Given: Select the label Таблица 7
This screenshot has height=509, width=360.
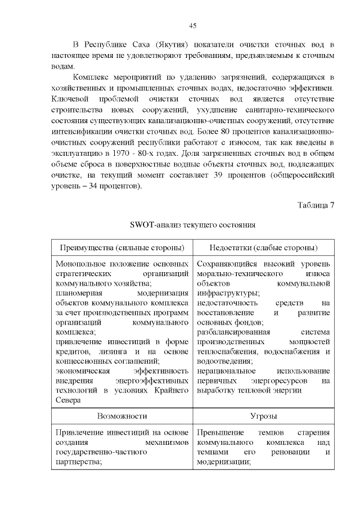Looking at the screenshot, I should pyautogui.click(x=316, y=205).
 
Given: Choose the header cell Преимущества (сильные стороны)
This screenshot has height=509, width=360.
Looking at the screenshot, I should pyautogui.click(x=122, y=248).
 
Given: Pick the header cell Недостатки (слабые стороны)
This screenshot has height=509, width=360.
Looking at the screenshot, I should pyautogui.click(x=263, y=248).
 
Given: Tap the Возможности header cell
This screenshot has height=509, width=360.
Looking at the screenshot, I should pyautogui.click(x=122, y=416).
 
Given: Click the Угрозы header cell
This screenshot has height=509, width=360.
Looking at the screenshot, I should pyautogui.click(x=263, y=416).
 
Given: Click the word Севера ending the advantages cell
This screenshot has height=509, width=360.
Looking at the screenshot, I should pyautogui.click(x=68, y=400).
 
